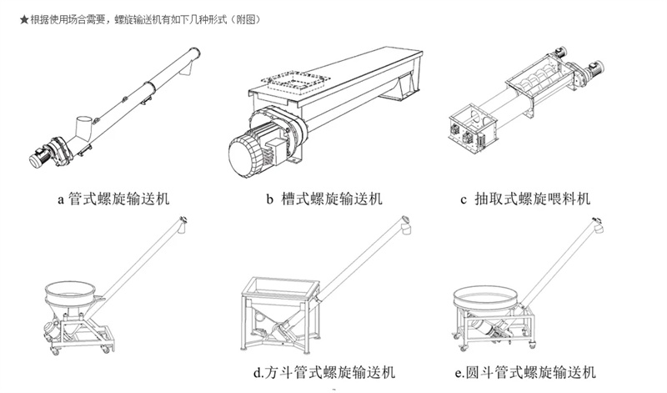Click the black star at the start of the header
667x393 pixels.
12,18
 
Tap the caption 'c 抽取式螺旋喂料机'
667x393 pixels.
525,199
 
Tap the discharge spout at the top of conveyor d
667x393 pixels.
406,221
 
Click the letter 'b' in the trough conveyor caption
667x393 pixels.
269,199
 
